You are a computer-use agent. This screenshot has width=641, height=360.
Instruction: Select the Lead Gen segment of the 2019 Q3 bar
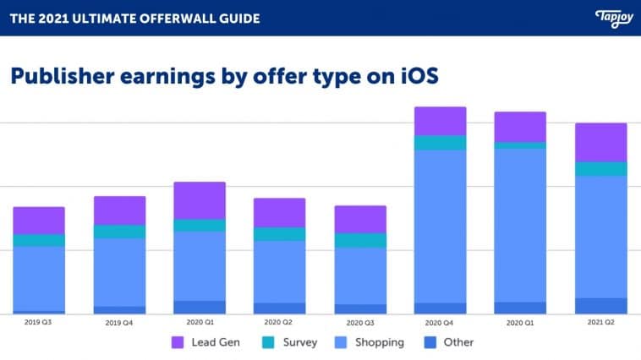[x=39, y=221]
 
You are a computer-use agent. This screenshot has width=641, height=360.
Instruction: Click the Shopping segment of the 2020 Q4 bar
[x=440, y=226]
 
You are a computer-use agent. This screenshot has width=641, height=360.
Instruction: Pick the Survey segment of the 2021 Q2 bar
[x=601, y=169]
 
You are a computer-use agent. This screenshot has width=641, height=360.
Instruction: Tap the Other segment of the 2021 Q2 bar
[x=601, y=305]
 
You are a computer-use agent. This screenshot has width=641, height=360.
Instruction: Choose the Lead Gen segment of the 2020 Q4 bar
[x=440, y=121]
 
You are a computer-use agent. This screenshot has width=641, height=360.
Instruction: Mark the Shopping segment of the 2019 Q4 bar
[x=119, y=272]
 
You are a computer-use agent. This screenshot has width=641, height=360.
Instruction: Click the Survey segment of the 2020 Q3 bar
[x=360, y=240]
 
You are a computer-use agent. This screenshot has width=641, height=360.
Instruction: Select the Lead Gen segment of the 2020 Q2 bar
[x=280, y=212]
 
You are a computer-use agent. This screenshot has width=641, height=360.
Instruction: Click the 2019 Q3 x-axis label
[x=38, y=323]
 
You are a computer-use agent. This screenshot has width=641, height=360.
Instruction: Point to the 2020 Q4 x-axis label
[x=440, y=323]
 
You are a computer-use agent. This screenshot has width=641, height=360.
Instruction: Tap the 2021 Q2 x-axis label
[x=601, y=323]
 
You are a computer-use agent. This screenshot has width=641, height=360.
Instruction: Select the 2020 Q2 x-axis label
[x=279, y=323]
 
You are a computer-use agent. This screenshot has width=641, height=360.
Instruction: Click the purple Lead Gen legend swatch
[x=178, y=342]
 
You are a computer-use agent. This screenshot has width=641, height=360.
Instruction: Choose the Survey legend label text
[x=300, y=342]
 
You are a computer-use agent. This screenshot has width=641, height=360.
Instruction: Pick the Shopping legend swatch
[x=342, y=342]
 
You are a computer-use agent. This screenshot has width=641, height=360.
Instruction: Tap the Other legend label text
[x=457, y=342]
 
